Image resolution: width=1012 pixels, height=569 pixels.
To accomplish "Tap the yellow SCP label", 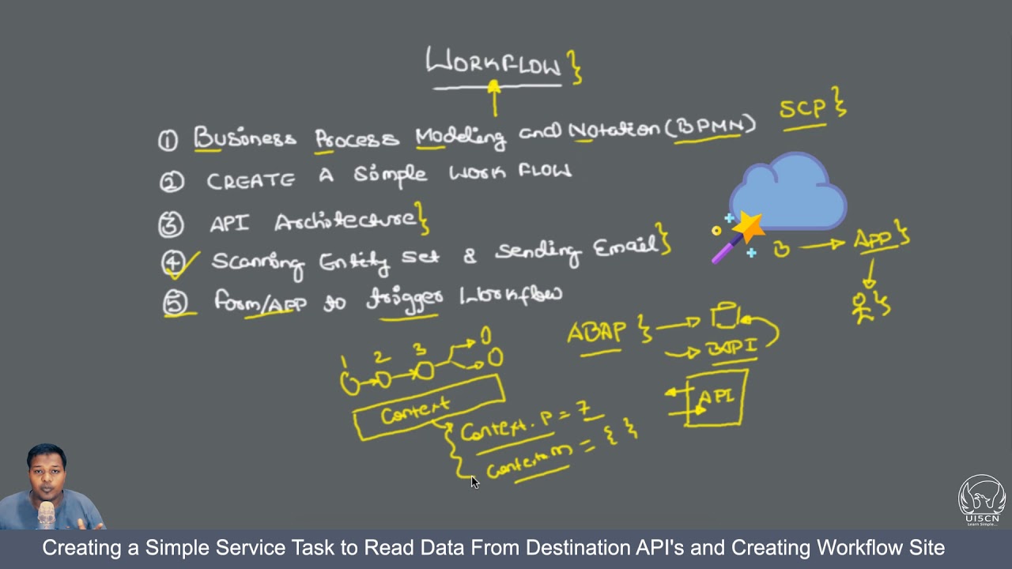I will coord(802,109).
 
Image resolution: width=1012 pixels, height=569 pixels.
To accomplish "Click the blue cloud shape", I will coord(787,194).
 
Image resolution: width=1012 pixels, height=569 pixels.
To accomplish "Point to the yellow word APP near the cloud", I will coord(874,239).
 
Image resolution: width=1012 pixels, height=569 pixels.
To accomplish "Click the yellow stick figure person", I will coord(863,307).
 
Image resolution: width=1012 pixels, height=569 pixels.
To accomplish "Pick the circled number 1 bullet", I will coord(168,141).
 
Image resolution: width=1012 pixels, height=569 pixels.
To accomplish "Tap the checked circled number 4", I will coord(172,262).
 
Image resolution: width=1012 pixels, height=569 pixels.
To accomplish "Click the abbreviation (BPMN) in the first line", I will coord(711,126).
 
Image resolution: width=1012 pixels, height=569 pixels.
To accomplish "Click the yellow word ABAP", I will coord(598,333).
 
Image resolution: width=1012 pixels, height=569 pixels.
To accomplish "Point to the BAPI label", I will coord(731,347).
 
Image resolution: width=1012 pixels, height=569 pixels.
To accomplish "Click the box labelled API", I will coord(716,399).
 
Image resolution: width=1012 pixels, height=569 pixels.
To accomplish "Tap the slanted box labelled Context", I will coord(428,408).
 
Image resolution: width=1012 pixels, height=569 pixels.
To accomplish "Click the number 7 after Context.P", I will coord(583,409).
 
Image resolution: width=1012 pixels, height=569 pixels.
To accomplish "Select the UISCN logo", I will coord(981,499).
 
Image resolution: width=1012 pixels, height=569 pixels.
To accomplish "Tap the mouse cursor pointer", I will coord(474,482).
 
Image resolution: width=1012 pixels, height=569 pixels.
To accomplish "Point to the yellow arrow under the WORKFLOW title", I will coord(494,98).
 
